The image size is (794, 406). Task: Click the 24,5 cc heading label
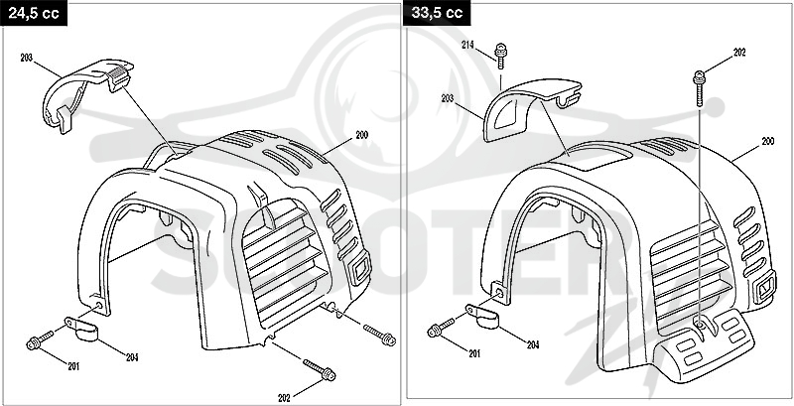34,13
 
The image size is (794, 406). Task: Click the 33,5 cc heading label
437,13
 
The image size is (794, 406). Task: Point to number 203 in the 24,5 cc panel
27,59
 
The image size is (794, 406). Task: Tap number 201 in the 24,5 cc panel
73,366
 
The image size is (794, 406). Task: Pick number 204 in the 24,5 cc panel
132,357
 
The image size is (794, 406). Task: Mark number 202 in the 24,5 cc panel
285,398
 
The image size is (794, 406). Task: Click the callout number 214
467,45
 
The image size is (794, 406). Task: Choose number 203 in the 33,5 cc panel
448,98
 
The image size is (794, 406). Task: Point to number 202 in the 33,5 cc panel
739,53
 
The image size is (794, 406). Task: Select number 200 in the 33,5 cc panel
767,142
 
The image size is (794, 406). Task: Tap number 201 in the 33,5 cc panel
474,353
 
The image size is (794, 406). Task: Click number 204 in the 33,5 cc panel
533,345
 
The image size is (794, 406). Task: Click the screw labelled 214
501,56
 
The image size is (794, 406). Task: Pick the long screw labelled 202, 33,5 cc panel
700,88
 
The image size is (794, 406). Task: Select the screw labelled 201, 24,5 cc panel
40,340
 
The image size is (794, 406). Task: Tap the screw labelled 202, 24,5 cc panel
319,370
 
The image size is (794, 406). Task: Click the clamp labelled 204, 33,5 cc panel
482,316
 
